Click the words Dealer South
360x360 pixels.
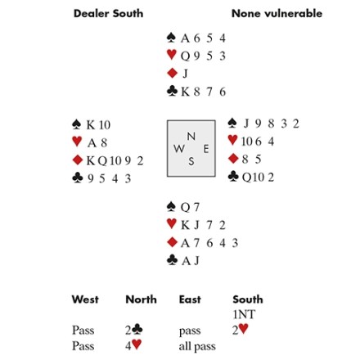tap(108, 13)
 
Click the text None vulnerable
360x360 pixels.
tap(277, 13)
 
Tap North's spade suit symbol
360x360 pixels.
tap(171, 38)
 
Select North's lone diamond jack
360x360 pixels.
tap(185, 74)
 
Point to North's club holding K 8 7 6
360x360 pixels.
tap(204, 92)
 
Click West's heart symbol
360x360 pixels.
tap(77, 142)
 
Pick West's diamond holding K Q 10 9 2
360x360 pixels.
tap(115, 160)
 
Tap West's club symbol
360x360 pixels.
tap(78, 178)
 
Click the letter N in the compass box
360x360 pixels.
tap(191, 136)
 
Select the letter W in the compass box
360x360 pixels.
tap(179, 149)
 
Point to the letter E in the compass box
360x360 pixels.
tap(206, 149)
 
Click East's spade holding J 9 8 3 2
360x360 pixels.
tap(271, 124)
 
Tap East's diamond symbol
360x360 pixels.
tap(233, 159)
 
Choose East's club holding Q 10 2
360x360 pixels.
tap(258, 178)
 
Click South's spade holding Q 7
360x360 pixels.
tap(190, 207)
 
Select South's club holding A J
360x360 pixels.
tap(191, 261)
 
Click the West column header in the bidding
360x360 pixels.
tap(85, 299)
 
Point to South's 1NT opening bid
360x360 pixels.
tap(244, 314)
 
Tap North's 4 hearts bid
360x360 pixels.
tap(133, 345)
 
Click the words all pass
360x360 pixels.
tap(197, 346)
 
